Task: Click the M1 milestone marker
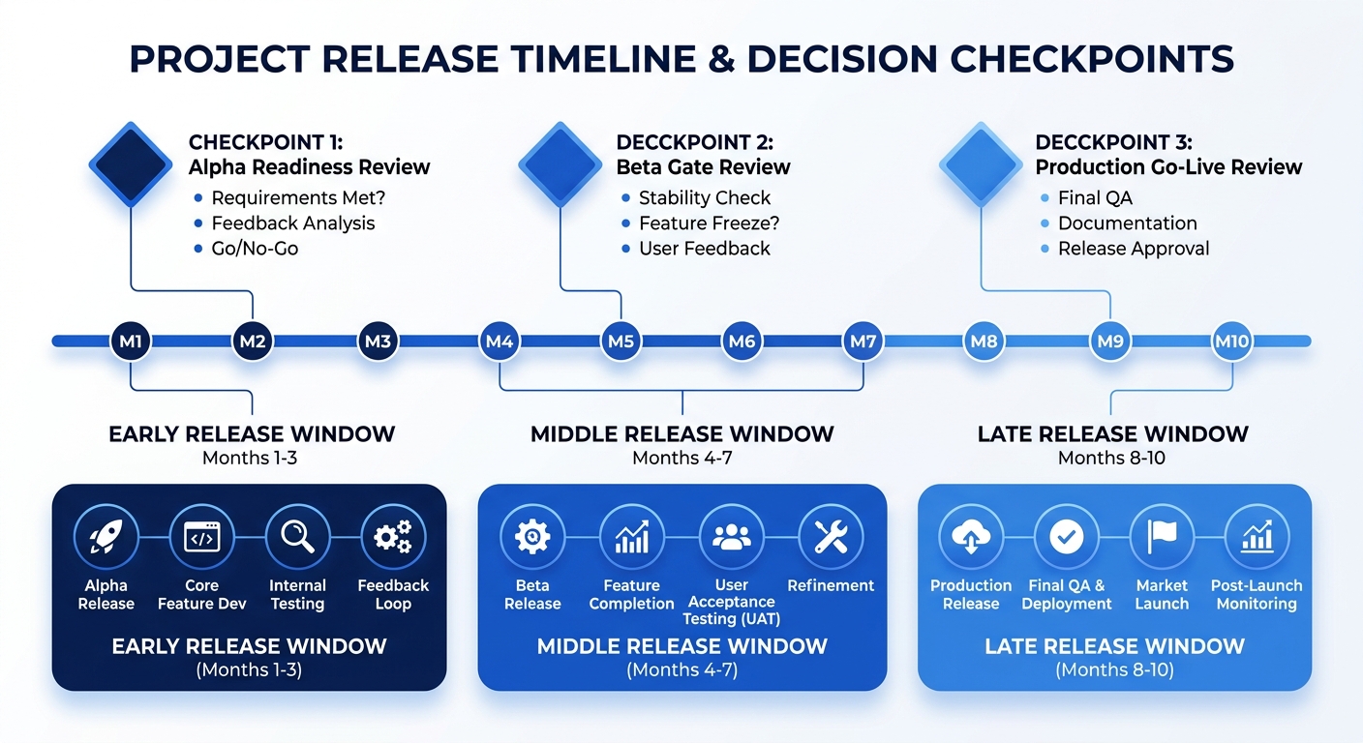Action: click(x=131, y=342)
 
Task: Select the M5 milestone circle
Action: click(x=620, y=342)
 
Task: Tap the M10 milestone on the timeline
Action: click(x=1231, y=342)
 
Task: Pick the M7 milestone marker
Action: click(x=863, y=342)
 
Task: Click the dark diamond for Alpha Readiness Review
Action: click(x=131, y=163)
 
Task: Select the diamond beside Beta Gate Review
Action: click(x=560, y=163)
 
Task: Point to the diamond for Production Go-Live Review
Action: click(x=981, y=163)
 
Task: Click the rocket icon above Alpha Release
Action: click(x=106, y=537)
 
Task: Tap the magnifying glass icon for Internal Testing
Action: click(x=297, y=537)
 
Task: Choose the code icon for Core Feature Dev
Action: click(x=201, y=537)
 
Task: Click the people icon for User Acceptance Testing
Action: click(x=731, y=537)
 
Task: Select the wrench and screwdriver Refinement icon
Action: click(x=831, y=537)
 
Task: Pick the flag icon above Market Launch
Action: click(x=1162, y=537)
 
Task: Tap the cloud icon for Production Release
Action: click(x=971, y=537)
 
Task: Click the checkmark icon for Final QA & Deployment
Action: click(x=1067, y=537)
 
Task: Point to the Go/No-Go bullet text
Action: click(x=255, y=249)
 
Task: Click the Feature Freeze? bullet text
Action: click(x=709, y=223)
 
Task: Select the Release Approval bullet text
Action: click(x=1133, y=249)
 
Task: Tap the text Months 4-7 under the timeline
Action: click(x=681, y=458)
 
